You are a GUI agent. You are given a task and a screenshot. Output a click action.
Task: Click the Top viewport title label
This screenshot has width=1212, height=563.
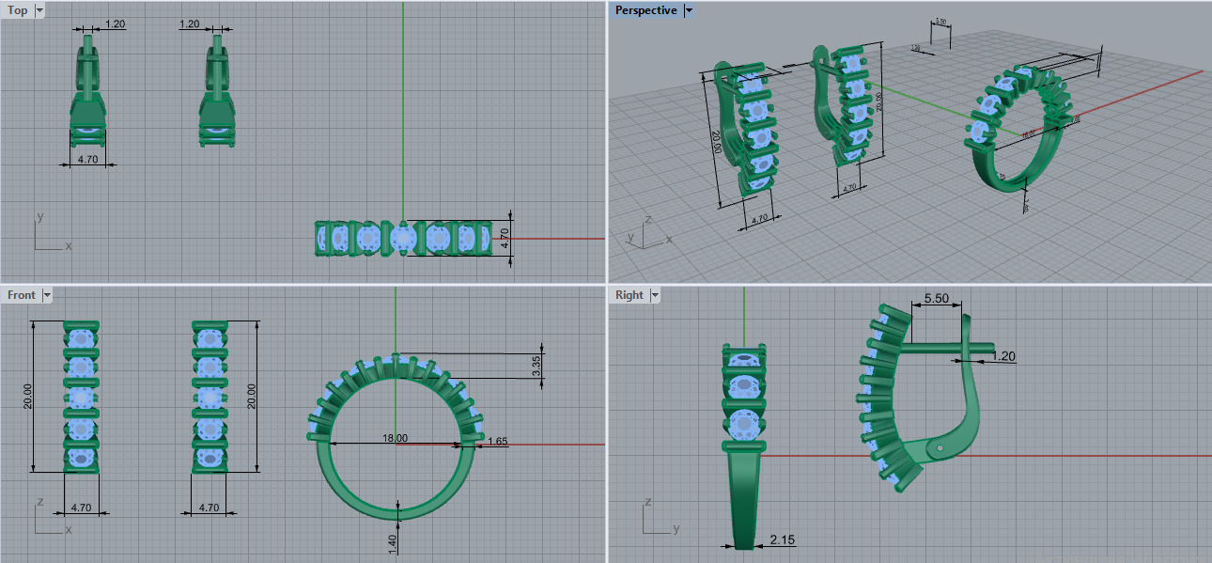pyautogui.click(x=18, y=10)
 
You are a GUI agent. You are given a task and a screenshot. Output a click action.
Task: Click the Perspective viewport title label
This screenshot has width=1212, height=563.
pyautogui.click(x=645, y=10)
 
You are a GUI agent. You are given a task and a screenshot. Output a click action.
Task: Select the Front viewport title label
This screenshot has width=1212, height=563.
pyautogui.click(x=22, y=295)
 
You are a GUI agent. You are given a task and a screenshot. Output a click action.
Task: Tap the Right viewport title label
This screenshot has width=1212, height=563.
pyautogui.click(x=629, y=295)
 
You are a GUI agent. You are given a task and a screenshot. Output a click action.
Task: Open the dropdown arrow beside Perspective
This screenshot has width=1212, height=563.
pyautogui.click(x=689, y=10)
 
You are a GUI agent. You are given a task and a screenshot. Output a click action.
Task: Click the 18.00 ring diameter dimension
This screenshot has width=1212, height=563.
pyautogui.click(x=395, y=438)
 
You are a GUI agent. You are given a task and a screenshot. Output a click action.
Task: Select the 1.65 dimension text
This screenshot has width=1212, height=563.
pyautogui.click(x=498, y=441)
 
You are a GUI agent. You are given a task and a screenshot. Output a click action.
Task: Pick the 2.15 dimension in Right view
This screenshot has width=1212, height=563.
pyautogui.click(x=782, y=540)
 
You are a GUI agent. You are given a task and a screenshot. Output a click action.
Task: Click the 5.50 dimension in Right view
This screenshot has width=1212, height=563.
pyautogui.click(x=936, y=298)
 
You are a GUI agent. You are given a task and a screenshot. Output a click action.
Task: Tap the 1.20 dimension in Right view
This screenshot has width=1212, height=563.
pyautogui.click(x=1004, y=356)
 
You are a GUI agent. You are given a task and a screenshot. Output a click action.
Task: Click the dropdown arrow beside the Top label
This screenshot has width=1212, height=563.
pyautogui.click(x=39, y=10)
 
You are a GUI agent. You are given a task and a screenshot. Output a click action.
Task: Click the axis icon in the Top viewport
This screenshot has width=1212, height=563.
pyautogui.click(x=47, y=235)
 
